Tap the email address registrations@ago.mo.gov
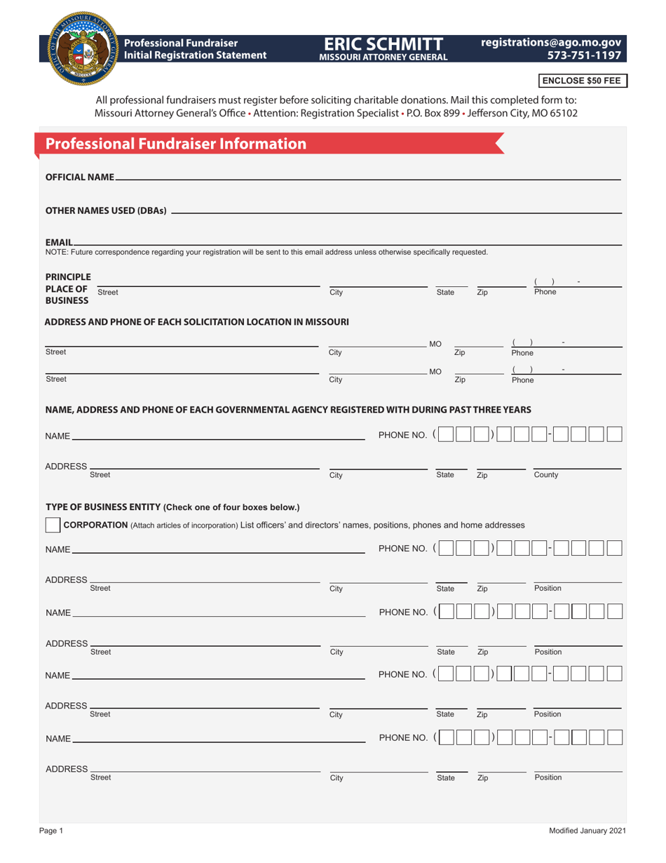[x=551, y=43]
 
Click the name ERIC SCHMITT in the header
[x=383, y=44]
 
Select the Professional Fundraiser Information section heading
[x=176, y=144]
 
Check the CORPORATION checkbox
[x=53, y=525]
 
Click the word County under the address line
[x=546, y=475]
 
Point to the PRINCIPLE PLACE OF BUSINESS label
[x=68, y=288]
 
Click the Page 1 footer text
[x=51, y=831]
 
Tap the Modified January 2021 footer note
[x=587, y=831]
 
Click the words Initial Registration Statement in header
[x=196, y=55]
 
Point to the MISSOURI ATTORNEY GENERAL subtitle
[x=383, y=58]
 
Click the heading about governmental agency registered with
[x=287, y=409]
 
